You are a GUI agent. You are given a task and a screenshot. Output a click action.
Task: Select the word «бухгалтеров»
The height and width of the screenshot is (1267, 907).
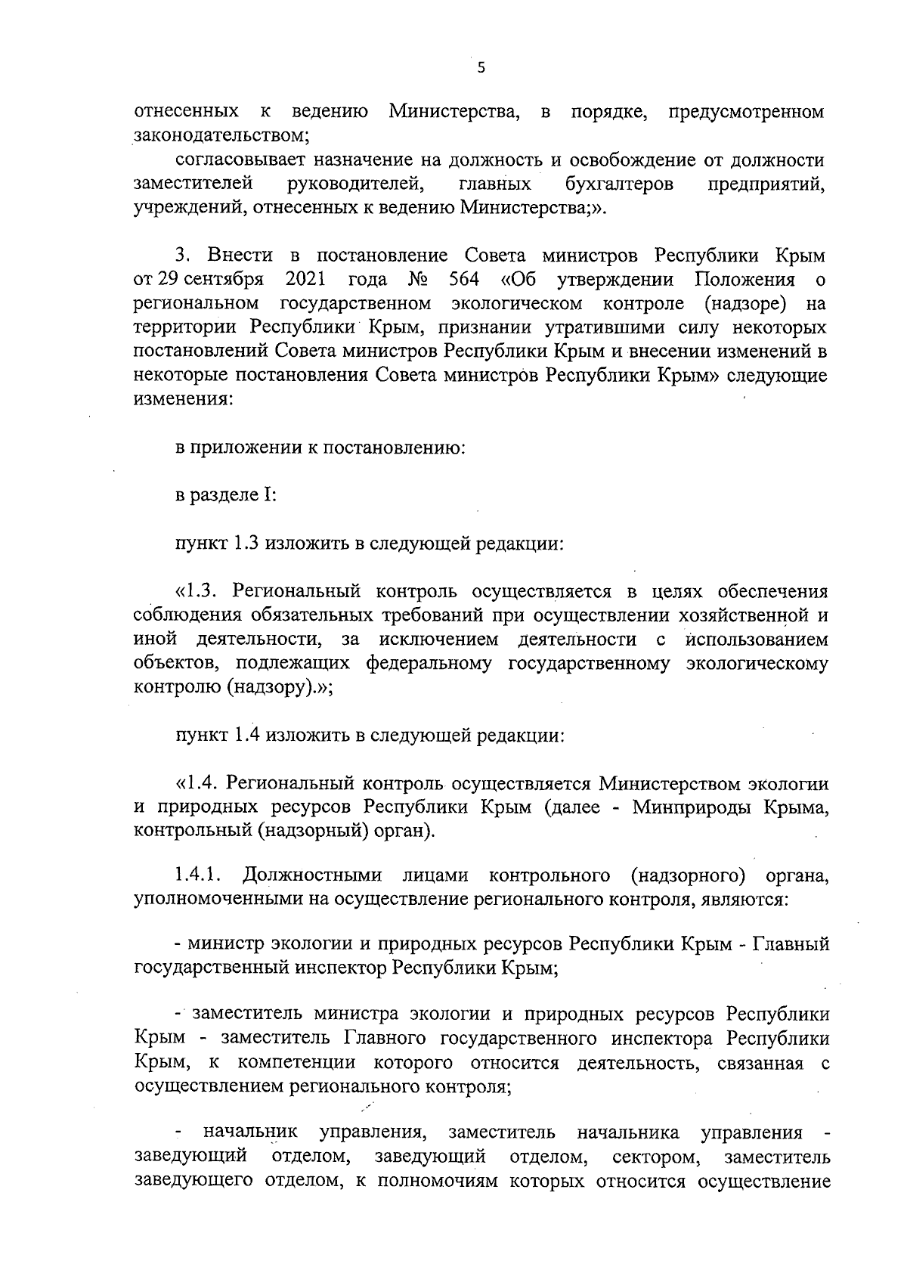[x=619, y=184]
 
